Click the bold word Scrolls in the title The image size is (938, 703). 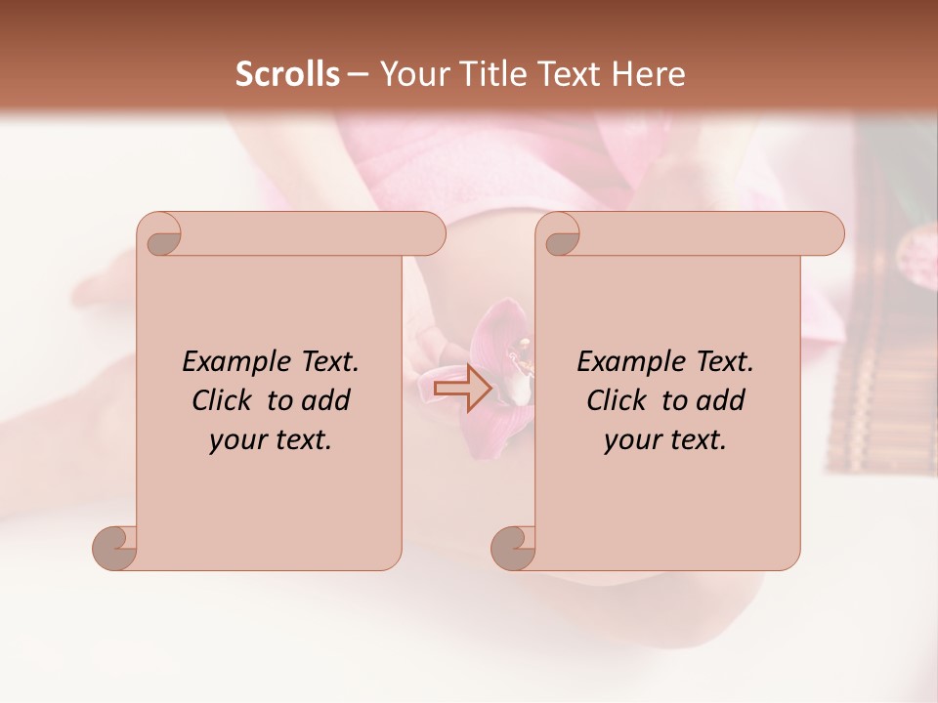click(x=288, y=74)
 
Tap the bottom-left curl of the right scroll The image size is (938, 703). click(x=514, y=547)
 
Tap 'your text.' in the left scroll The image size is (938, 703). click(x=271, y=439)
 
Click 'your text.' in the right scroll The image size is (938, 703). click(x=665, y=439)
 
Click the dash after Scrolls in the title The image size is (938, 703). click(x=358, y=74)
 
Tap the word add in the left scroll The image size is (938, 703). click(x=326, y=400)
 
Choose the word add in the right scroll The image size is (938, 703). click(x=721, y=400)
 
